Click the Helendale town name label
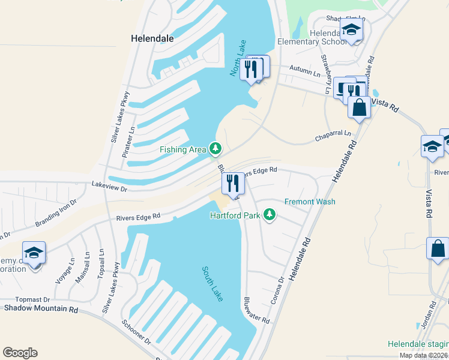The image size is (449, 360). [152, 38]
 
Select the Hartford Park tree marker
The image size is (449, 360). [270, 214]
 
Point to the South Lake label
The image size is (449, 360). [211, 284]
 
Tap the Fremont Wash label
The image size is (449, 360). [310, 202]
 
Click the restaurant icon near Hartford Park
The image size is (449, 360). [233, 182]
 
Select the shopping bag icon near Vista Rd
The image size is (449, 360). [359, 108]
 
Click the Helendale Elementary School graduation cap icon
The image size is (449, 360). [351, 29]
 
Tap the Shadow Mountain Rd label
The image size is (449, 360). [41, 309]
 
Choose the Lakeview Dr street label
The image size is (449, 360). [110, 188]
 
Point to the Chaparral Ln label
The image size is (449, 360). [333, 137]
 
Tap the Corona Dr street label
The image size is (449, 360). [277, 290]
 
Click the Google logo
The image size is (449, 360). [20, 353]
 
